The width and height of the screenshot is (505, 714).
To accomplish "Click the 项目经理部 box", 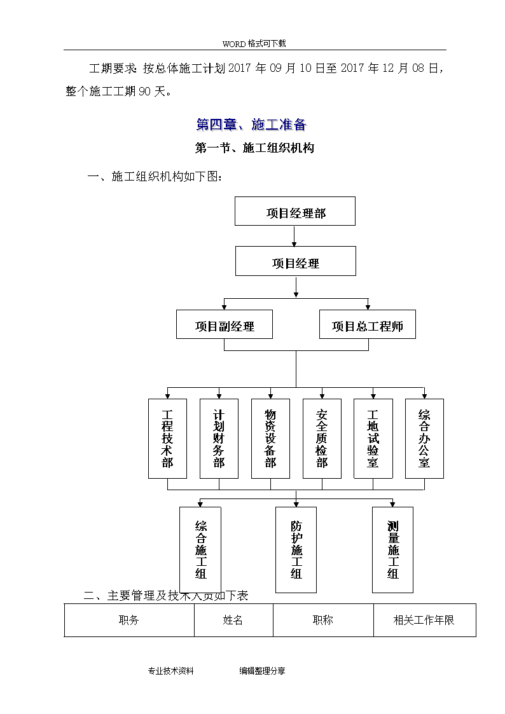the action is tap(294, 211).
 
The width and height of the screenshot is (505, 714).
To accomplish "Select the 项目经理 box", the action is tap(296, 261).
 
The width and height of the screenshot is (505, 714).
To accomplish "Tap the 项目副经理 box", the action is tap(225, 324).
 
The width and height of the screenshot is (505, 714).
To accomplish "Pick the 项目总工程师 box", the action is tap(368, 324).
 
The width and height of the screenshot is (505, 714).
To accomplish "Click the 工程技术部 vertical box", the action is tap(167, 439).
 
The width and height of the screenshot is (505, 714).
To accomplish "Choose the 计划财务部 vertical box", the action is tap(219, 439).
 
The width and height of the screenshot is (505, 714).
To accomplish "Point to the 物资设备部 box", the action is tap(270, 439).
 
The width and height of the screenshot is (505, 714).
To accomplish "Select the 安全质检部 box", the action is tap(322, 439).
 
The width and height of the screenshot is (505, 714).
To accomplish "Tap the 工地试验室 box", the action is tap(373, 439).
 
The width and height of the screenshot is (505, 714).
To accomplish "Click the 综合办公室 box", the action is tap(424, 439).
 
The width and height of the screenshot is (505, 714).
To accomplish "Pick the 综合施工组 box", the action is tap(200, 549).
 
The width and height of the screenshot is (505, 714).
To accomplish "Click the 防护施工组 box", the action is tap(296, 549).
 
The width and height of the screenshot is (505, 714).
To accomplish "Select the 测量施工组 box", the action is tap(392, 549).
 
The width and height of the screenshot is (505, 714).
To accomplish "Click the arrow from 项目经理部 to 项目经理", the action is tap(294, 237).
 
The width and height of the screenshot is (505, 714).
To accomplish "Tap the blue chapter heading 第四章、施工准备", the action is tap(251, 125).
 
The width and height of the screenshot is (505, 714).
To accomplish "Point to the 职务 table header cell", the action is tap(129, 620).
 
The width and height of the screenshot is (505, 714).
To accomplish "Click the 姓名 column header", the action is tap(233, 620).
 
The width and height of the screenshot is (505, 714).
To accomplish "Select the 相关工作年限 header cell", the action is tap(424, 620).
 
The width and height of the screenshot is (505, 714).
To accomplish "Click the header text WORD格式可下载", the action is tap(254, 44).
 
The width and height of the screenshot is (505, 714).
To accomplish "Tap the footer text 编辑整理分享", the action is tap(262, 671).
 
